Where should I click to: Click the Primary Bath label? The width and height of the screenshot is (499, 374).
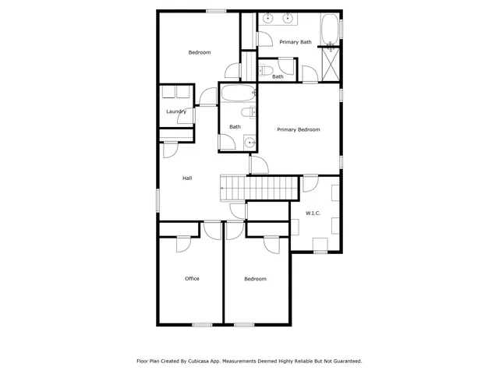296,42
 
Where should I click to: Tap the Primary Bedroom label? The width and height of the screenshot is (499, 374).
299,129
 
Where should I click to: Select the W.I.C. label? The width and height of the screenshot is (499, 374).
313,213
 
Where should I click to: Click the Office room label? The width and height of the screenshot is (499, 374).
192,278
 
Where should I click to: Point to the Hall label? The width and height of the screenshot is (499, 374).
187,178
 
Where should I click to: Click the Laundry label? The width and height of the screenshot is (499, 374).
176,111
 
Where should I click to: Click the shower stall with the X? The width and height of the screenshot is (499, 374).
331,64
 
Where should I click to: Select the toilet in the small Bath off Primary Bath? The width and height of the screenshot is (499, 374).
265,71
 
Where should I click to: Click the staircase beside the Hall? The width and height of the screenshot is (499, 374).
260,187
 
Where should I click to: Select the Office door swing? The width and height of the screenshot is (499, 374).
184,243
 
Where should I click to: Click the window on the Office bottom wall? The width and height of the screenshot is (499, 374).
202,324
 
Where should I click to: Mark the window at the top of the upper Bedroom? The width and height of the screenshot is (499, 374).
216,11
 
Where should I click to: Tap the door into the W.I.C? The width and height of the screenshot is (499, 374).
310,184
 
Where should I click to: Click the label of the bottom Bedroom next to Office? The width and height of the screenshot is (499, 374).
255,278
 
